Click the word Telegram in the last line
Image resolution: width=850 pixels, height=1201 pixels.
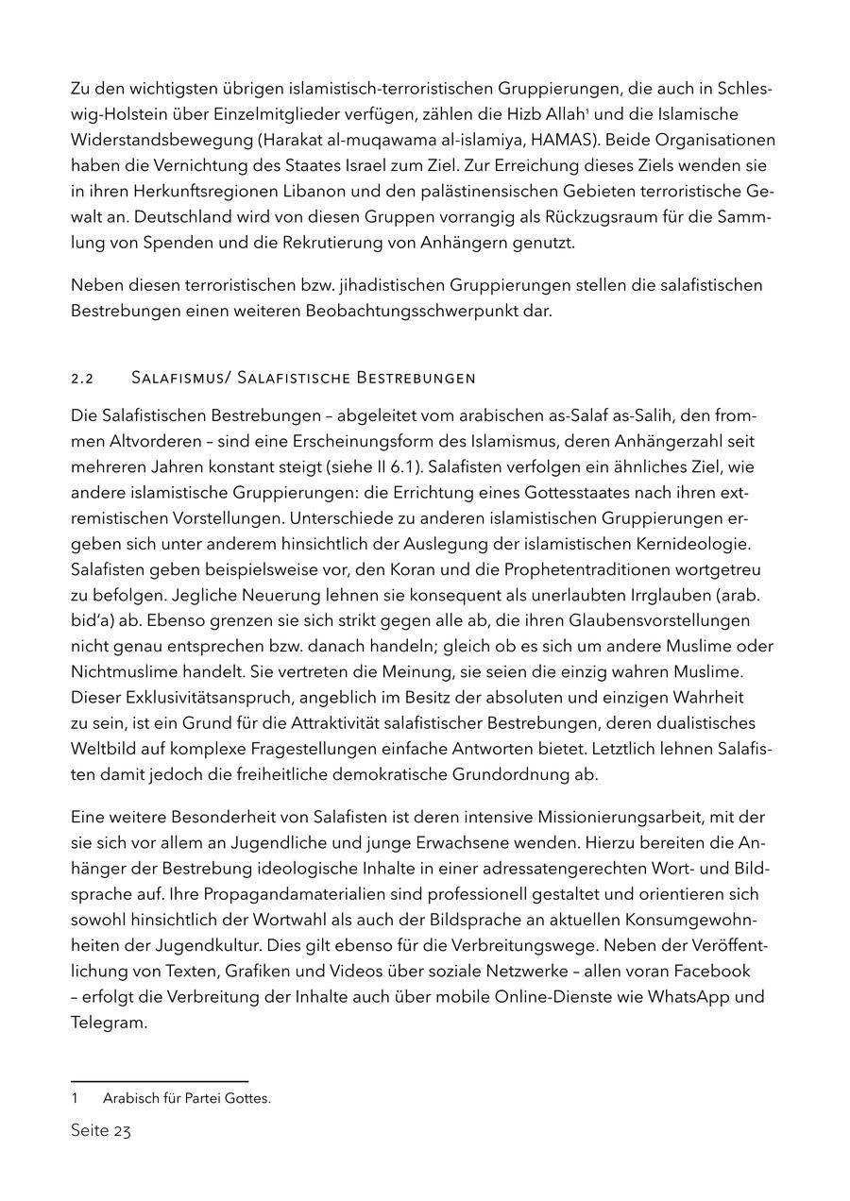coord(109,1023)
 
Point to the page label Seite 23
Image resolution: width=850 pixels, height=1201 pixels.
coord(100,1130)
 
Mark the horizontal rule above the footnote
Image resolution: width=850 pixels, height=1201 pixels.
coord(160,1081)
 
